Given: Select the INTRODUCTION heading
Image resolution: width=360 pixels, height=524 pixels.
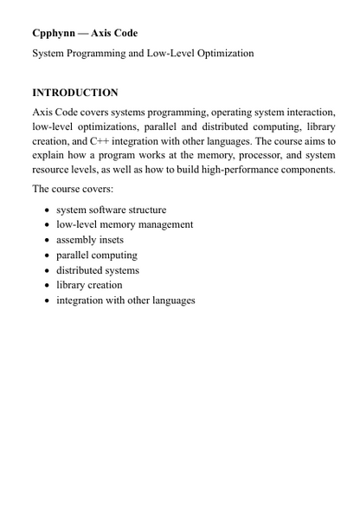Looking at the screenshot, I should pos(74,92).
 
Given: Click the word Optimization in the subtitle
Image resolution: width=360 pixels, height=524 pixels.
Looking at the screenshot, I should pos(222,54).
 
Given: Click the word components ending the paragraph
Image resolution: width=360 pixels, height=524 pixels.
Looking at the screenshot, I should pos(304,170).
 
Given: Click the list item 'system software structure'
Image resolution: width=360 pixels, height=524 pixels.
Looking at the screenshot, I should pos(111,210).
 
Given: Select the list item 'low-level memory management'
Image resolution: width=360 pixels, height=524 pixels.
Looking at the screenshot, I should pos(125,224).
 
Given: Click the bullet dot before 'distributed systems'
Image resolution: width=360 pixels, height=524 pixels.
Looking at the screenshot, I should pos(47,270).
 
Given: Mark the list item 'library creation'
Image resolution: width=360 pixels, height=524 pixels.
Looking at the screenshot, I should pos(89,285).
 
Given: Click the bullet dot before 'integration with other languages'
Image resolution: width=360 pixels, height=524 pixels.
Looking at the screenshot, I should pos(47,301).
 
